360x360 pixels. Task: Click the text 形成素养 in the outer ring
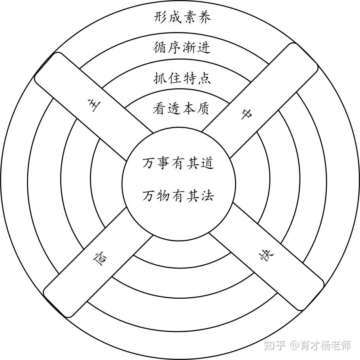(182, 17)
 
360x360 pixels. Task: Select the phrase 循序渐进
(182, 47)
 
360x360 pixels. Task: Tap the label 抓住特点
(182, 78)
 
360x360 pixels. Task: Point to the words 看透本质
(181, 108)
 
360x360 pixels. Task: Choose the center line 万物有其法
(178, 195)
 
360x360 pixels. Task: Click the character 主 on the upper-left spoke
(95, 106)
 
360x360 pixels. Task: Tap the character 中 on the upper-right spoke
(246, 114)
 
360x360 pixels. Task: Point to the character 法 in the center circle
(207, 195)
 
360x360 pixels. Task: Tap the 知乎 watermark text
(275, 345)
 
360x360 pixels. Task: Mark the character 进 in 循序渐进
(204, 47)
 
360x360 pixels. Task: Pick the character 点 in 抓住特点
(204, 78)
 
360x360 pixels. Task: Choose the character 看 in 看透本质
(159, 108)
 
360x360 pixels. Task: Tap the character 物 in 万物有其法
(164, 195)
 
